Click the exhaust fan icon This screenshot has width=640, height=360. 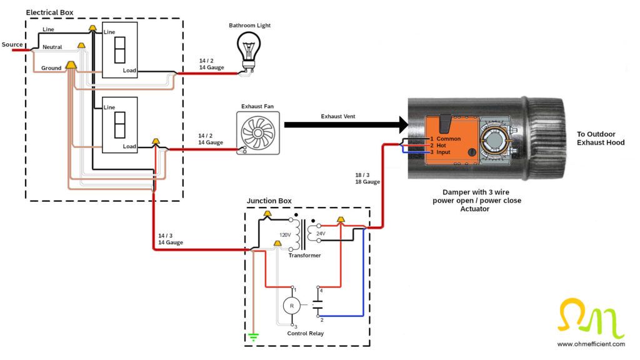click(x=259, y=133)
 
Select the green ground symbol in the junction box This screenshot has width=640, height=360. click(x=253, y=337)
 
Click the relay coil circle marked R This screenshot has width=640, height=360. click(x=291, y=306)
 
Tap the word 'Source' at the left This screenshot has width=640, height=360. click(x=12, y=44)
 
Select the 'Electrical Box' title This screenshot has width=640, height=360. click(x=49, y=12)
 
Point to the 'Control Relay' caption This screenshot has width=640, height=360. click(x=305, y=333)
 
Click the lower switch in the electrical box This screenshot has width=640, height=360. click(x=119, y=125)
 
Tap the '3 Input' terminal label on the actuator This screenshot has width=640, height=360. click(x=440, y=152)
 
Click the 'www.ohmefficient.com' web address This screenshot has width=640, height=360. click(x=591, y=344)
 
